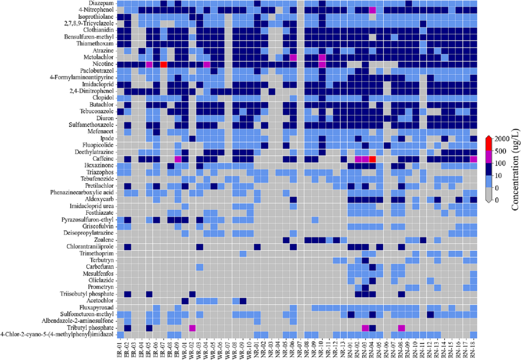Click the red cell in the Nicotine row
click(x=164, y=64)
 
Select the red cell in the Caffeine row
click(x=372, y=159)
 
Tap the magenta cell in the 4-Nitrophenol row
click(x=372, y=10)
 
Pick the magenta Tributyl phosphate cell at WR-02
click(x=192, y=328)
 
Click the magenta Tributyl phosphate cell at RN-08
click(x=401, y=328)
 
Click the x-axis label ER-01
click(x=120, y=349)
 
